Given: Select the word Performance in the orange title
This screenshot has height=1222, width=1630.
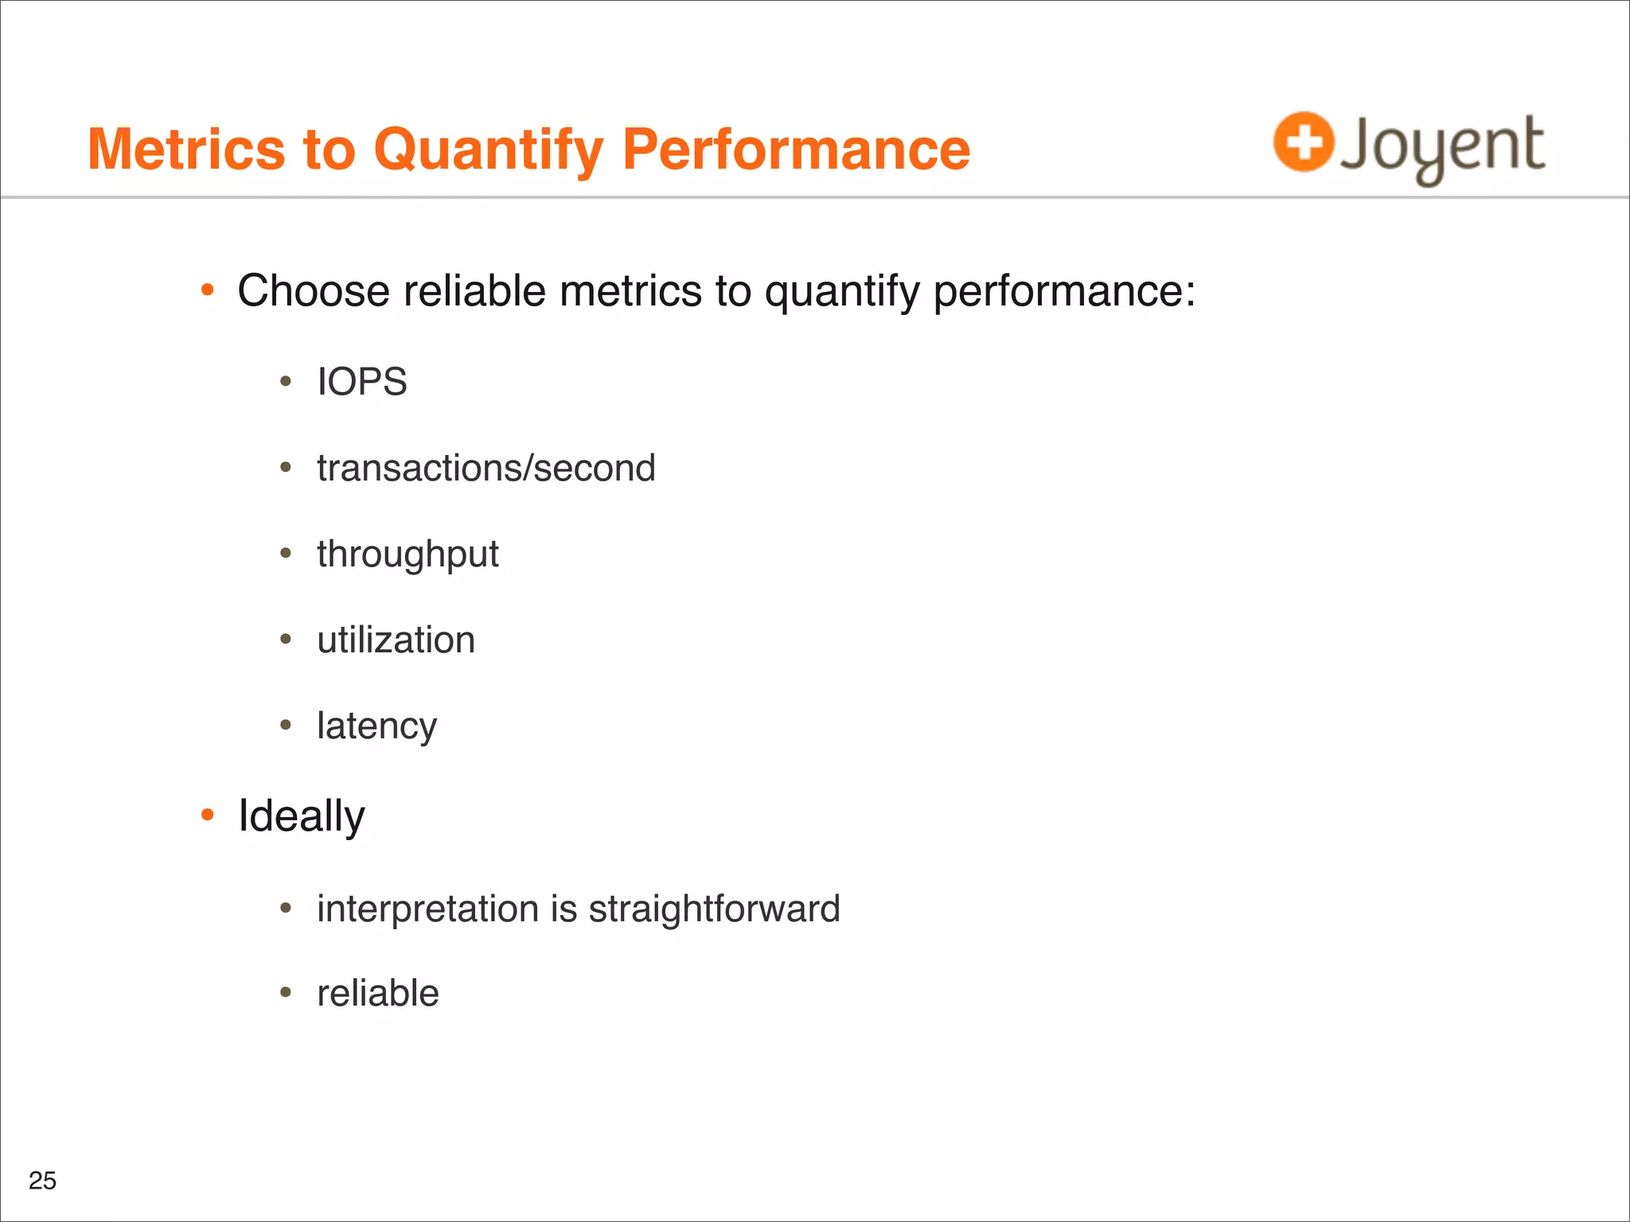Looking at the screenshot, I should click(x=795, y=150).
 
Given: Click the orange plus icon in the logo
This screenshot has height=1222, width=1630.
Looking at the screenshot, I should click(x=1303, y=142).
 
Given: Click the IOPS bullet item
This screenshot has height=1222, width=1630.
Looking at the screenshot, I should click(x=361, y=382).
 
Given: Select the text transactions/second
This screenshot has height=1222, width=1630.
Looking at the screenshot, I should click(x=485, y=468).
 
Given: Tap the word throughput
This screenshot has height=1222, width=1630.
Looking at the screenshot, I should click(x=407, y=555).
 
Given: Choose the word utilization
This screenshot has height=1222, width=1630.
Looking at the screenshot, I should click(x=396, y=640).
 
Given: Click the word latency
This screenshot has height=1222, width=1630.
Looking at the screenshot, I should click(x=376, y=726).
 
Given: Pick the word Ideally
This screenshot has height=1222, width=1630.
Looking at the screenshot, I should click(x=301, y=816).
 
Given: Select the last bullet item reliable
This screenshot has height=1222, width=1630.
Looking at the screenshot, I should click(x=377, y=994).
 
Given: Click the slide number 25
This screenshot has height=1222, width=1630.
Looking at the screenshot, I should click(x=42, y=1181).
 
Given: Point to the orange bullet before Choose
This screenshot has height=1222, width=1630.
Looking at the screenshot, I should click(x=208, y=290).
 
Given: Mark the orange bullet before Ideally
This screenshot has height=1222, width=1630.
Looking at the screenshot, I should click(x=208, y=815).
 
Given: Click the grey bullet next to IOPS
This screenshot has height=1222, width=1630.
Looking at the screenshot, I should click(x=286, y=382).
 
